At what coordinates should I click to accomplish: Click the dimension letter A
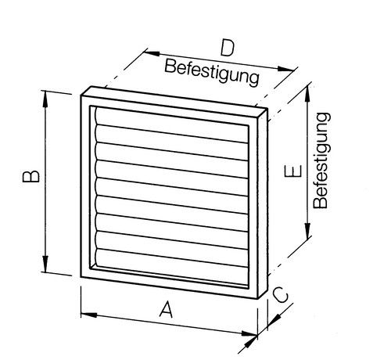(x=166, y=309)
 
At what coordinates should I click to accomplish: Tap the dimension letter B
(x=31, y=176)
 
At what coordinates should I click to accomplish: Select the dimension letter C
(x=281, y=295)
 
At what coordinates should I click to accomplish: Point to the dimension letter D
(x=228, y=48)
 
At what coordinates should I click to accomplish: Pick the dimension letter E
(x=293, y=171)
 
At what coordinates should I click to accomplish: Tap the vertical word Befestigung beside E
(x=321, y=160)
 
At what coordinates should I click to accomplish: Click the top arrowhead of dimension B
(x=45, y=99)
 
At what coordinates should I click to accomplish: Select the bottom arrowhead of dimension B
(x=45, y=264)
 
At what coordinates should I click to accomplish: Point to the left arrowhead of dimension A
(x=89, y=315)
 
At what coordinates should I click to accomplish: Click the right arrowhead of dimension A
(x=249, y=333)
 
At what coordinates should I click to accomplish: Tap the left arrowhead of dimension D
(x=152, y=53)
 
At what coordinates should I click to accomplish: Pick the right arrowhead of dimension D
(x=285, y=69)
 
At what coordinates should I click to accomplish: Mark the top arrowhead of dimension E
(x=308, y=94)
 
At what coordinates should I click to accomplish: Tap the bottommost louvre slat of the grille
(x=172, y=267)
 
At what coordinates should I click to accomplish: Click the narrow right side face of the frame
(x=263, y=203)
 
